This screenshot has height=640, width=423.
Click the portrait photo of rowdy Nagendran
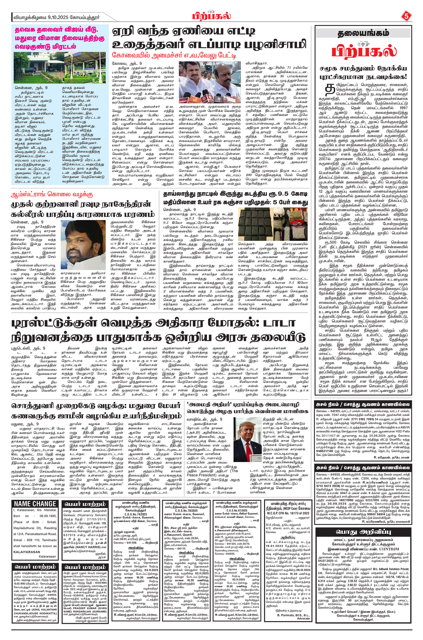click(x=83, y=243)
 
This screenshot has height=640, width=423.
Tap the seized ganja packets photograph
click(x=273, y=224)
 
